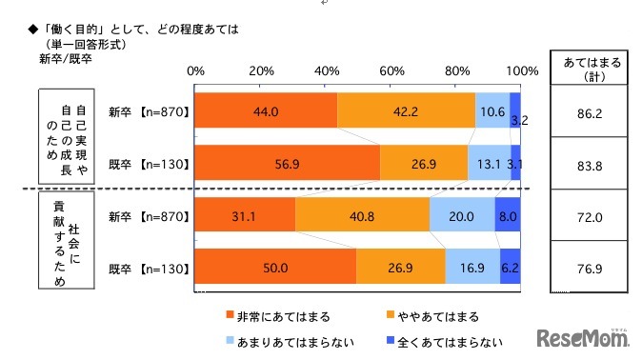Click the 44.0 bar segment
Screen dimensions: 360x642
[266, 110]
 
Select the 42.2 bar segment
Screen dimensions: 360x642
[406, 110]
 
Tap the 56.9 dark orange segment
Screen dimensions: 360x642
[287, 163]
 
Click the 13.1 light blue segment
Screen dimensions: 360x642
[490, 163]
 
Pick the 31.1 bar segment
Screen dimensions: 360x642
[245, 216]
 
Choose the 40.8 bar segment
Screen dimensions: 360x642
[362, 216]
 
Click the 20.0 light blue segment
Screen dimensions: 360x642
[462, 216]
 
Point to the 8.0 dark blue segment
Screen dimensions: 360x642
[508, 216]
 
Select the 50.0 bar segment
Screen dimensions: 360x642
[276, 269]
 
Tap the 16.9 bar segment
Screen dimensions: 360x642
[472, 269]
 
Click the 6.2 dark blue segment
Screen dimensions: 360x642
[511, 269]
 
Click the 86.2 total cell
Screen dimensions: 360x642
[587, 110]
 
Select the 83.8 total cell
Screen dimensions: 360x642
[587, 163]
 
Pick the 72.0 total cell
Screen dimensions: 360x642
[587, 216]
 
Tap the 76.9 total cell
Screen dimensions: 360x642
[587, 269]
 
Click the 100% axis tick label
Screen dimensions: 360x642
[522, 71]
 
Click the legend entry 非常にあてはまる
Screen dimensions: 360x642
[271, 315]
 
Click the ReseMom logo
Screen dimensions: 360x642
[583, 338]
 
